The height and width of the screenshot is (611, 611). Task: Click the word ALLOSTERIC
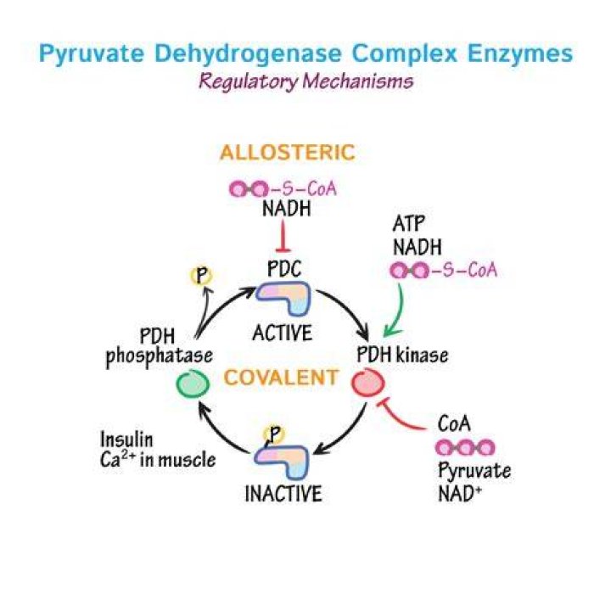click(288, 153)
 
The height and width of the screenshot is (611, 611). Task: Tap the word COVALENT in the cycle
click(281, 377)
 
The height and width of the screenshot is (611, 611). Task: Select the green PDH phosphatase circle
click(193, 383)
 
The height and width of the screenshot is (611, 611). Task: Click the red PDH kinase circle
click(367, 382)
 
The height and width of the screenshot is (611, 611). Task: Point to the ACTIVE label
click(283, 334)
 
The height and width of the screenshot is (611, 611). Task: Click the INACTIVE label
click(283, 494)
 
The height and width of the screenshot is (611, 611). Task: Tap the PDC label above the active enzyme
click(284, 269)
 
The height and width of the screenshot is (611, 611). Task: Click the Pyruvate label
click(474, 471)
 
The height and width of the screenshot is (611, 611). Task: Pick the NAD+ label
click(460, 494)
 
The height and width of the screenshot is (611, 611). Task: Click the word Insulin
click(126, 440)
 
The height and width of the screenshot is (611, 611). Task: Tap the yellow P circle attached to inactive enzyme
click(274, 434)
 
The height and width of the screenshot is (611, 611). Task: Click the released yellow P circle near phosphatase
click(201, 277)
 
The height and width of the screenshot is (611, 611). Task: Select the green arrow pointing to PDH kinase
click(395, 311)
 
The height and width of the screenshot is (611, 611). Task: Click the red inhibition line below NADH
click(283, 236)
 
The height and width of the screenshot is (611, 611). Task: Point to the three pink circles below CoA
click(465, 448)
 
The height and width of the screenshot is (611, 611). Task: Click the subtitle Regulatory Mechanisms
click(305, 81)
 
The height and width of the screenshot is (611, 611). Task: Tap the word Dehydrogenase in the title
click(248, 53)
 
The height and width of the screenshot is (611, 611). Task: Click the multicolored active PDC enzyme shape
click(283, 298)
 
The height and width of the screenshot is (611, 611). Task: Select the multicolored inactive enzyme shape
click(282, 462)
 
